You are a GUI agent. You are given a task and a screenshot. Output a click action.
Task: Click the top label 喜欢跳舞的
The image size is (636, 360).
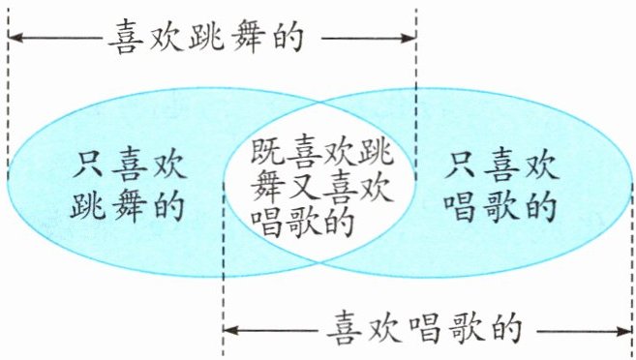coord(207,37)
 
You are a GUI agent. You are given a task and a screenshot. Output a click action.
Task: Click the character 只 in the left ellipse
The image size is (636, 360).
coord(88,165)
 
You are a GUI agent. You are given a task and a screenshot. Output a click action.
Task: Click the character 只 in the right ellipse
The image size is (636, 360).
coord(460,164)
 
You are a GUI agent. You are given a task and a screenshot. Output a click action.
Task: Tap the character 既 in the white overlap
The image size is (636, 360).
coord(267,151)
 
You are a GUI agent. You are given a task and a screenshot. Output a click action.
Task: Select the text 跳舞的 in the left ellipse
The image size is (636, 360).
coord(128,205)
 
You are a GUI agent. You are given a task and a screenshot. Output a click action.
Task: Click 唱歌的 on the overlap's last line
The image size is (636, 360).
coord(302,223)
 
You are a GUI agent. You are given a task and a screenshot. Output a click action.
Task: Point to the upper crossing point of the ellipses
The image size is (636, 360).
coord(320,102)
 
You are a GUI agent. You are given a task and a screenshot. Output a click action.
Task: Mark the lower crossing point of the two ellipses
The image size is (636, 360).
coord(319,262)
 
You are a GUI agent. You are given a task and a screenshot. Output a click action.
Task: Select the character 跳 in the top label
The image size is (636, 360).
coord(206,38)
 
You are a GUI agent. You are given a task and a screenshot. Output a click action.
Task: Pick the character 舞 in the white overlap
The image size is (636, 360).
coord(267,187)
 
